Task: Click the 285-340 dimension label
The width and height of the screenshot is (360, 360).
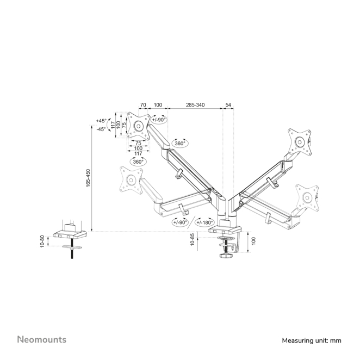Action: pyautogui.click(x=195, y=104)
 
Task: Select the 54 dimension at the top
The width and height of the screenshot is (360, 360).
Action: pyautogui.click(x=228, y=104)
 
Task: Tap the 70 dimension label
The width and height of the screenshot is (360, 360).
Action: pyautogui.click(x=143, y=104)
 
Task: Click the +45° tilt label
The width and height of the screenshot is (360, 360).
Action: pyautogui.click(x=101, y=121)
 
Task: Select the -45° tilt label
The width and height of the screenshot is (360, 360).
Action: pyautogui.click(x=101, y=129)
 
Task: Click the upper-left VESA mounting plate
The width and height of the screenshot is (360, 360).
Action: pyautogui.click(x=138, y=126)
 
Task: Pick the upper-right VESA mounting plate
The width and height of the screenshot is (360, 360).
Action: pyautogui.click(x=299, y=142)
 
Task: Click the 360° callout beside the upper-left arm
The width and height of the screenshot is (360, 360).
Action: pyautogui.click(x=179, y=144)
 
